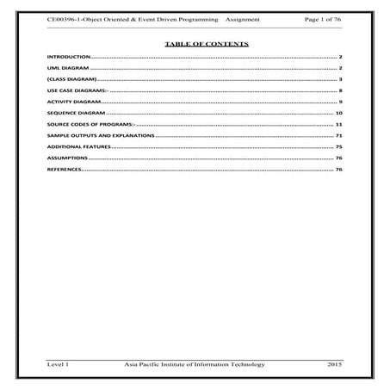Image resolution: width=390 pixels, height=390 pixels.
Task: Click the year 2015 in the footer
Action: (335, 366)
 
